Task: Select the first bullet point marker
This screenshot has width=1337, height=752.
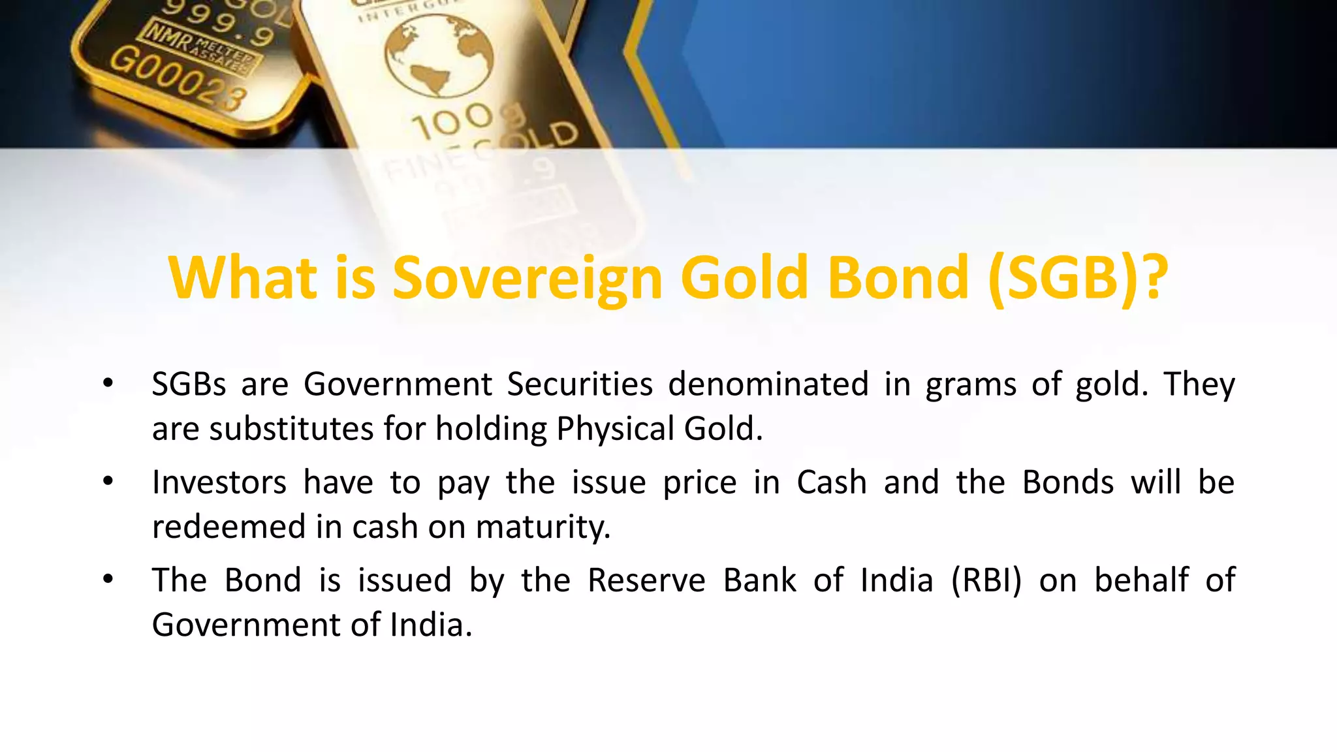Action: pos(108,384)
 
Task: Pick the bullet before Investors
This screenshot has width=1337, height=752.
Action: pos(108,482)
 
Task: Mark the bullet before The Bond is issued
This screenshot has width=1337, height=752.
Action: pos(108,580)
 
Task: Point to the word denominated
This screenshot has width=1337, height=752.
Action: pos(768,384)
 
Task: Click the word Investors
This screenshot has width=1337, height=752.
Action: pos(219,482)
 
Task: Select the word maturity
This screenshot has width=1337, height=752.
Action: pos(543,527)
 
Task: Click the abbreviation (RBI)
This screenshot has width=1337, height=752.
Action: pos(986,580)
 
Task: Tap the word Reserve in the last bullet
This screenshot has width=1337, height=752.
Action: pos(646,580)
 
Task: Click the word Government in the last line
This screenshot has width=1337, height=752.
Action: pos(246,625)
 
